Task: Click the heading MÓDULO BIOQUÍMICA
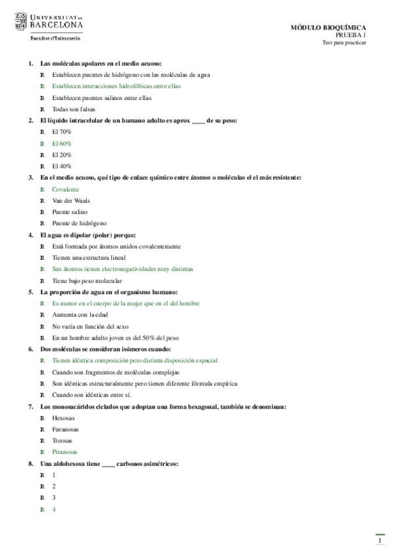click(328, 28)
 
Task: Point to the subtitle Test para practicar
click(344, 43)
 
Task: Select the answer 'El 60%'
click(62, 143)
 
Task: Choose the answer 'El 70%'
click(62, 132)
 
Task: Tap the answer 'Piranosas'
click(64, 452)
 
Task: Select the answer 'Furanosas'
click(65, 429)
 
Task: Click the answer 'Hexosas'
click(63, 418)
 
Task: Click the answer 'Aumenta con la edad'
click(78, 315)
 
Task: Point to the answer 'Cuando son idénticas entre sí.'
click(91, 395)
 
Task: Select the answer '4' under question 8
click(54, 509)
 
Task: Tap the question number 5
click(31, 292)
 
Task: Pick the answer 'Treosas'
click(62, 441)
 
